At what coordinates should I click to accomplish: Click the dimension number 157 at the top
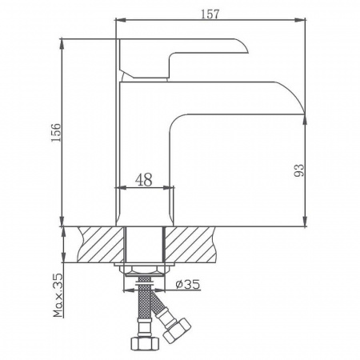coord(211,14)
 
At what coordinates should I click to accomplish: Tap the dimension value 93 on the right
coord(298,169)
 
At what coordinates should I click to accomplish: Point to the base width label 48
coord(144,180)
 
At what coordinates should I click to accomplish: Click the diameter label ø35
coord(185,282)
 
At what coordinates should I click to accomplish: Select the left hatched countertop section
coord(97,243)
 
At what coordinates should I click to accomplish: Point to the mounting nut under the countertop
coord(145,272)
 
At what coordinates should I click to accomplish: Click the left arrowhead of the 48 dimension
coord(122,190)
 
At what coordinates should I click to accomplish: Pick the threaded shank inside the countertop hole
coord(145,243)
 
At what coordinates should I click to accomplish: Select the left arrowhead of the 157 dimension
coord(120,22)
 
